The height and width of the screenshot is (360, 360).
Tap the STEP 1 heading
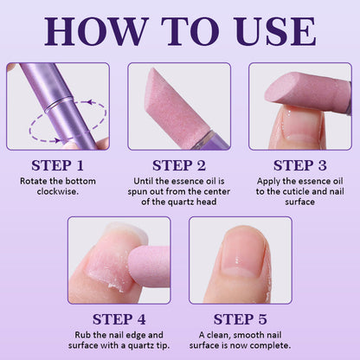click(58, 164)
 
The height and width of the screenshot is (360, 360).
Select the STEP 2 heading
click(179, 164)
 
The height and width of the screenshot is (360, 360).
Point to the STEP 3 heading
click(300, 164)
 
